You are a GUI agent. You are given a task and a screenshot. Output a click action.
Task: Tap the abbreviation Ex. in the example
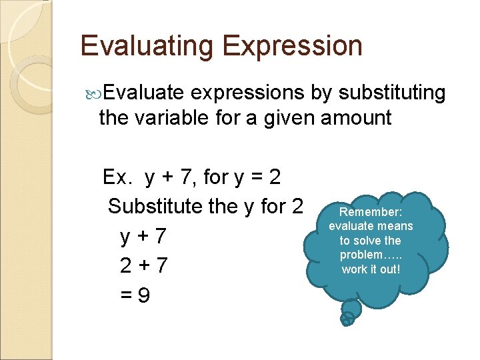pyautogui.click(x=119, y=177)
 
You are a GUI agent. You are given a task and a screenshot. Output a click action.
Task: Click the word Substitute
pyautogui.click(x=156, y=207)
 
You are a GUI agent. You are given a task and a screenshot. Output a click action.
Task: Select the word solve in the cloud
pyautogui.click(x=370, y=241)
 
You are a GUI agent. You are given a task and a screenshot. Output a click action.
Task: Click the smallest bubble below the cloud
pyautogui.click(x=347, y=319)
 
